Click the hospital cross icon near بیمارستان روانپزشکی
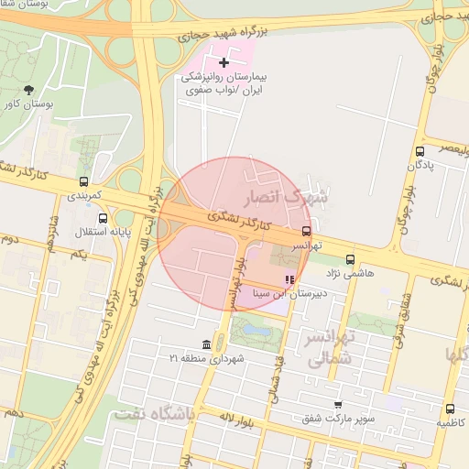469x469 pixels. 224,61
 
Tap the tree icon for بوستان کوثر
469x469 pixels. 28,90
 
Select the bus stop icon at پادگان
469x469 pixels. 420,151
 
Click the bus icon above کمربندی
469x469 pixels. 84,181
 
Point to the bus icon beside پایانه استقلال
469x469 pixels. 102,218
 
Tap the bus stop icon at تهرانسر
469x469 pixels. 306,232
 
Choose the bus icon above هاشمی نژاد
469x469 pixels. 351,260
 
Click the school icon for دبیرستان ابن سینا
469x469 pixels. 290,279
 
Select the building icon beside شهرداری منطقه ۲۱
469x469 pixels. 205,344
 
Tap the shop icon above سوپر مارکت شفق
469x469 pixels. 338,404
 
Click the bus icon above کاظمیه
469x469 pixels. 450,409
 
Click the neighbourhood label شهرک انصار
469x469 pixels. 286,197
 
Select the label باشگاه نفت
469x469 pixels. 155,415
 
